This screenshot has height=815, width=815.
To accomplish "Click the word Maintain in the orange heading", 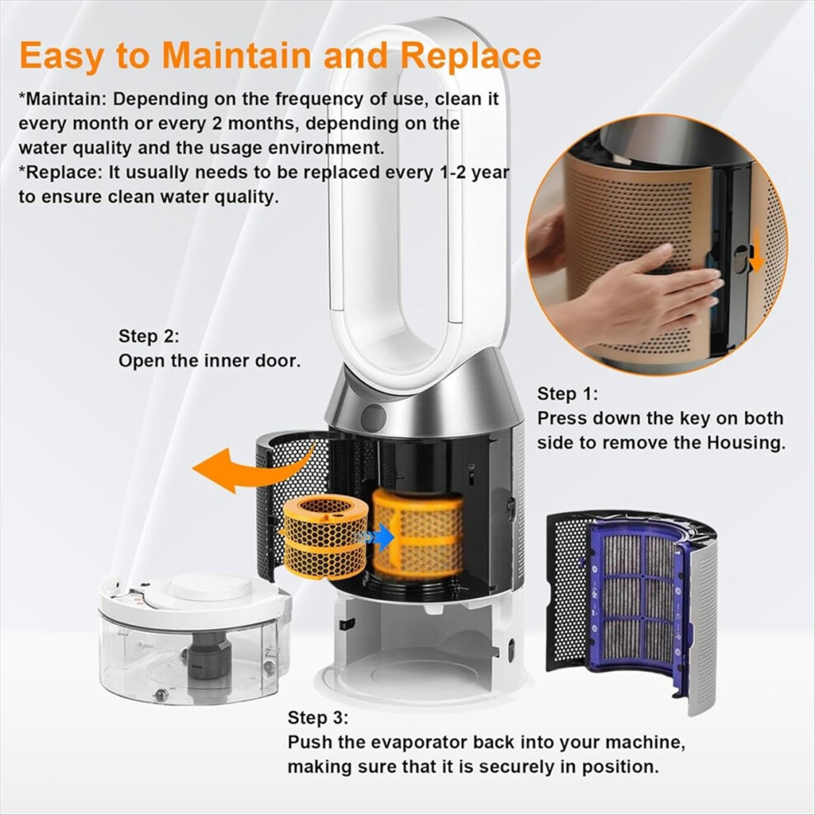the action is pos(237,55).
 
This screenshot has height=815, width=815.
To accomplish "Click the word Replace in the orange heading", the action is pos(471,56).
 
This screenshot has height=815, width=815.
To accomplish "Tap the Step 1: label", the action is pos(567,394).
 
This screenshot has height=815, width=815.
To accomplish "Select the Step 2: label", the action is pos(149,337).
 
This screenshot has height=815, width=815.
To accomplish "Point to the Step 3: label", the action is pos(318,718).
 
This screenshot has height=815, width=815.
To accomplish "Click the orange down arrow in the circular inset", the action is pos(757,252).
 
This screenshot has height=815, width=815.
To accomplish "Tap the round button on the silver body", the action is pos(374,417).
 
